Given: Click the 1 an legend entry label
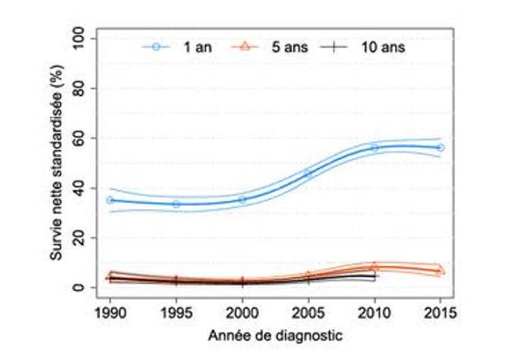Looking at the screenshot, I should pos(196,47).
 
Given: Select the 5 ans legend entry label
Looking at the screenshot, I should pos(289,47).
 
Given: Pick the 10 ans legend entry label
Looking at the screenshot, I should pos(384,47).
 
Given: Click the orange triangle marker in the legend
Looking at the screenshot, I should pos(246,47).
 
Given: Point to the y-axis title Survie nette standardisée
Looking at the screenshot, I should pos(57,162).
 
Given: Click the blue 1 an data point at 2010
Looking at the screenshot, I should pos(374,148).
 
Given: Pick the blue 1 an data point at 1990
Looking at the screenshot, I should pos(110,200).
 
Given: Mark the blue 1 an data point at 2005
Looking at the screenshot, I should pos(308,174).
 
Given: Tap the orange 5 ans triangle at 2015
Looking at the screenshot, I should pos(440,270).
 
